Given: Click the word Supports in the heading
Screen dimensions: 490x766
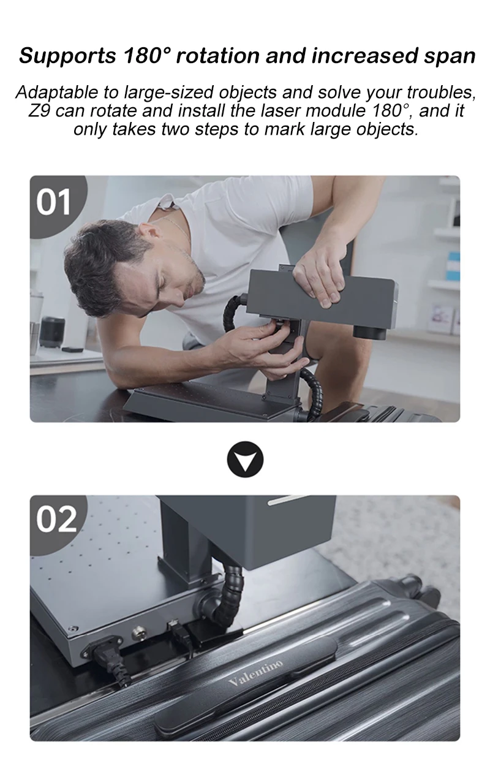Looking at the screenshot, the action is [67, 56].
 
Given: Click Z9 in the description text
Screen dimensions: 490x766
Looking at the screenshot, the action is [38, 111].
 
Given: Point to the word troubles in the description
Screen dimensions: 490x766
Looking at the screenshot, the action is [441, 93].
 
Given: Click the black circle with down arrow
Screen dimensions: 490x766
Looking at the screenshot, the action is [245, 459].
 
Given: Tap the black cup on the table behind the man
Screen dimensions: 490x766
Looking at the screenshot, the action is [52, 332].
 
